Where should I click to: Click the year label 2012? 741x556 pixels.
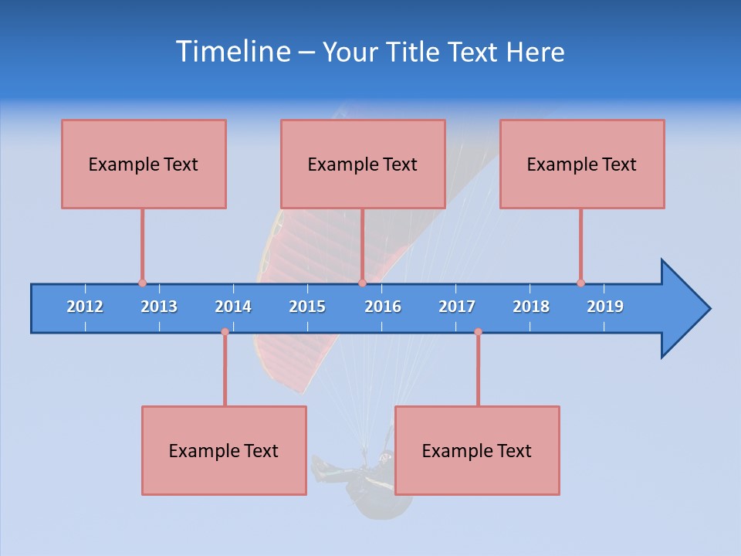85,307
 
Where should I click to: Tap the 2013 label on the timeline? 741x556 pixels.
159,307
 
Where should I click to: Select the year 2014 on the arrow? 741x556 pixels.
233,307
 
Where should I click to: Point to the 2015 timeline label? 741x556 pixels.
307,307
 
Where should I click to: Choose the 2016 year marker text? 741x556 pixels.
383,307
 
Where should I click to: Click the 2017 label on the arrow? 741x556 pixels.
457,307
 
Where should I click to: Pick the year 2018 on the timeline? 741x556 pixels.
531,307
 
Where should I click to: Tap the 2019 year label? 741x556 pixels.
605,307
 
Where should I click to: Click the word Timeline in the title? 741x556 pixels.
232,52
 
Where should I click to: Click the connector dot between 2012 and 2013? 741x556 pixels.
142,283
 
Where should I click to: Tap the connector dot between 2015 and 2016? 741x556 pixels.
362,283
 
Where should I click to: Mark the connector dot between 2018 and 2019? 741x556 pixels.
580,283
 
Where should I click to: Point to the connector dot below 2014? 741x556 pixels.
225,332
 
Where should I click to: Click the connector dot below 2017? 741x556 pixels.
478,332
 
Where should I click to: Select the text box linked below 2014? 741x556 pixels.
224,450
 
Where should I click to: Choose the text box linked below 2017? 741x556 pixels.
477,450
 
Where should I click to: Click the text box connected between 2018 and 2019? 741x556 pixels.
582,164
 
